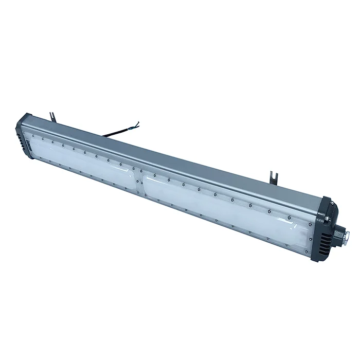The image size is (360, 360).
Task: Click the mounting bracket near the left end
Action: pyautogui.click(x=51, y=117)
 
